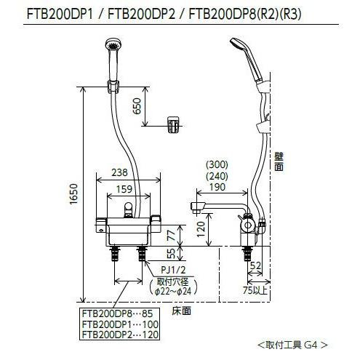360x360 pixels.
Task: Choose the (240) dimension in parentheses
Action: click(217, 176)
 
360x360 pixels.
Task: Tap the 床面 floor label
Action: click(182, 311)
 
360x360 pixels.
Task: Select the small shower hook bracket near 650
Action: click(173, 125)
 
